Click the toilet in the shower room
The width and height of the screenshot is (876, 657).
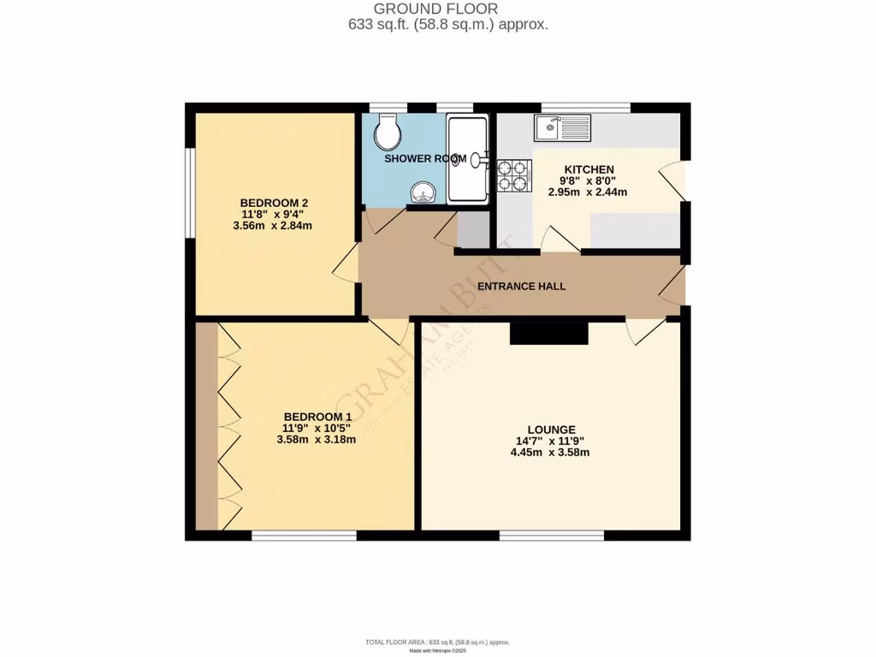tap(388, 131)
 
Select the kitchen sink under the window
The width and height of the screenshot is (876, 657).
tap(561, 128)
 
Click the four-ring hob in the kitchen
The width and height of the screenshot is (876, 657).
tap(512, 175)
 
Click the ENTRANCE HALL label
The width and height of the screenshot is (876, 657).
tap(521, 287)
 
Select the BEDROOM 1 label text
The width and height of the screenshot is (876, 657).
tap(316, 417)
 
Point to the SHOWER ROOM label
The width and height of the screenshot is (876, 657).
tap(424, 159)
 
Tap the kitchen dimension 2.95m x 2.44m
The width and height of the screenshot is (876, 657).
tap(588, 192)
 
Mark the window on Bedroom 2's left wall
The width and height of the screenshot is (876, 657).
tap(190, 192)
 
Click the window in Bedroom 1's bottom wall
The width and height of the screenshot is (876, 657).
tap(304, 536)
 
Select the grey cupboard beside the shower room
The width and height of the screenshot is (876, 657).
tap(473, 228)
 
